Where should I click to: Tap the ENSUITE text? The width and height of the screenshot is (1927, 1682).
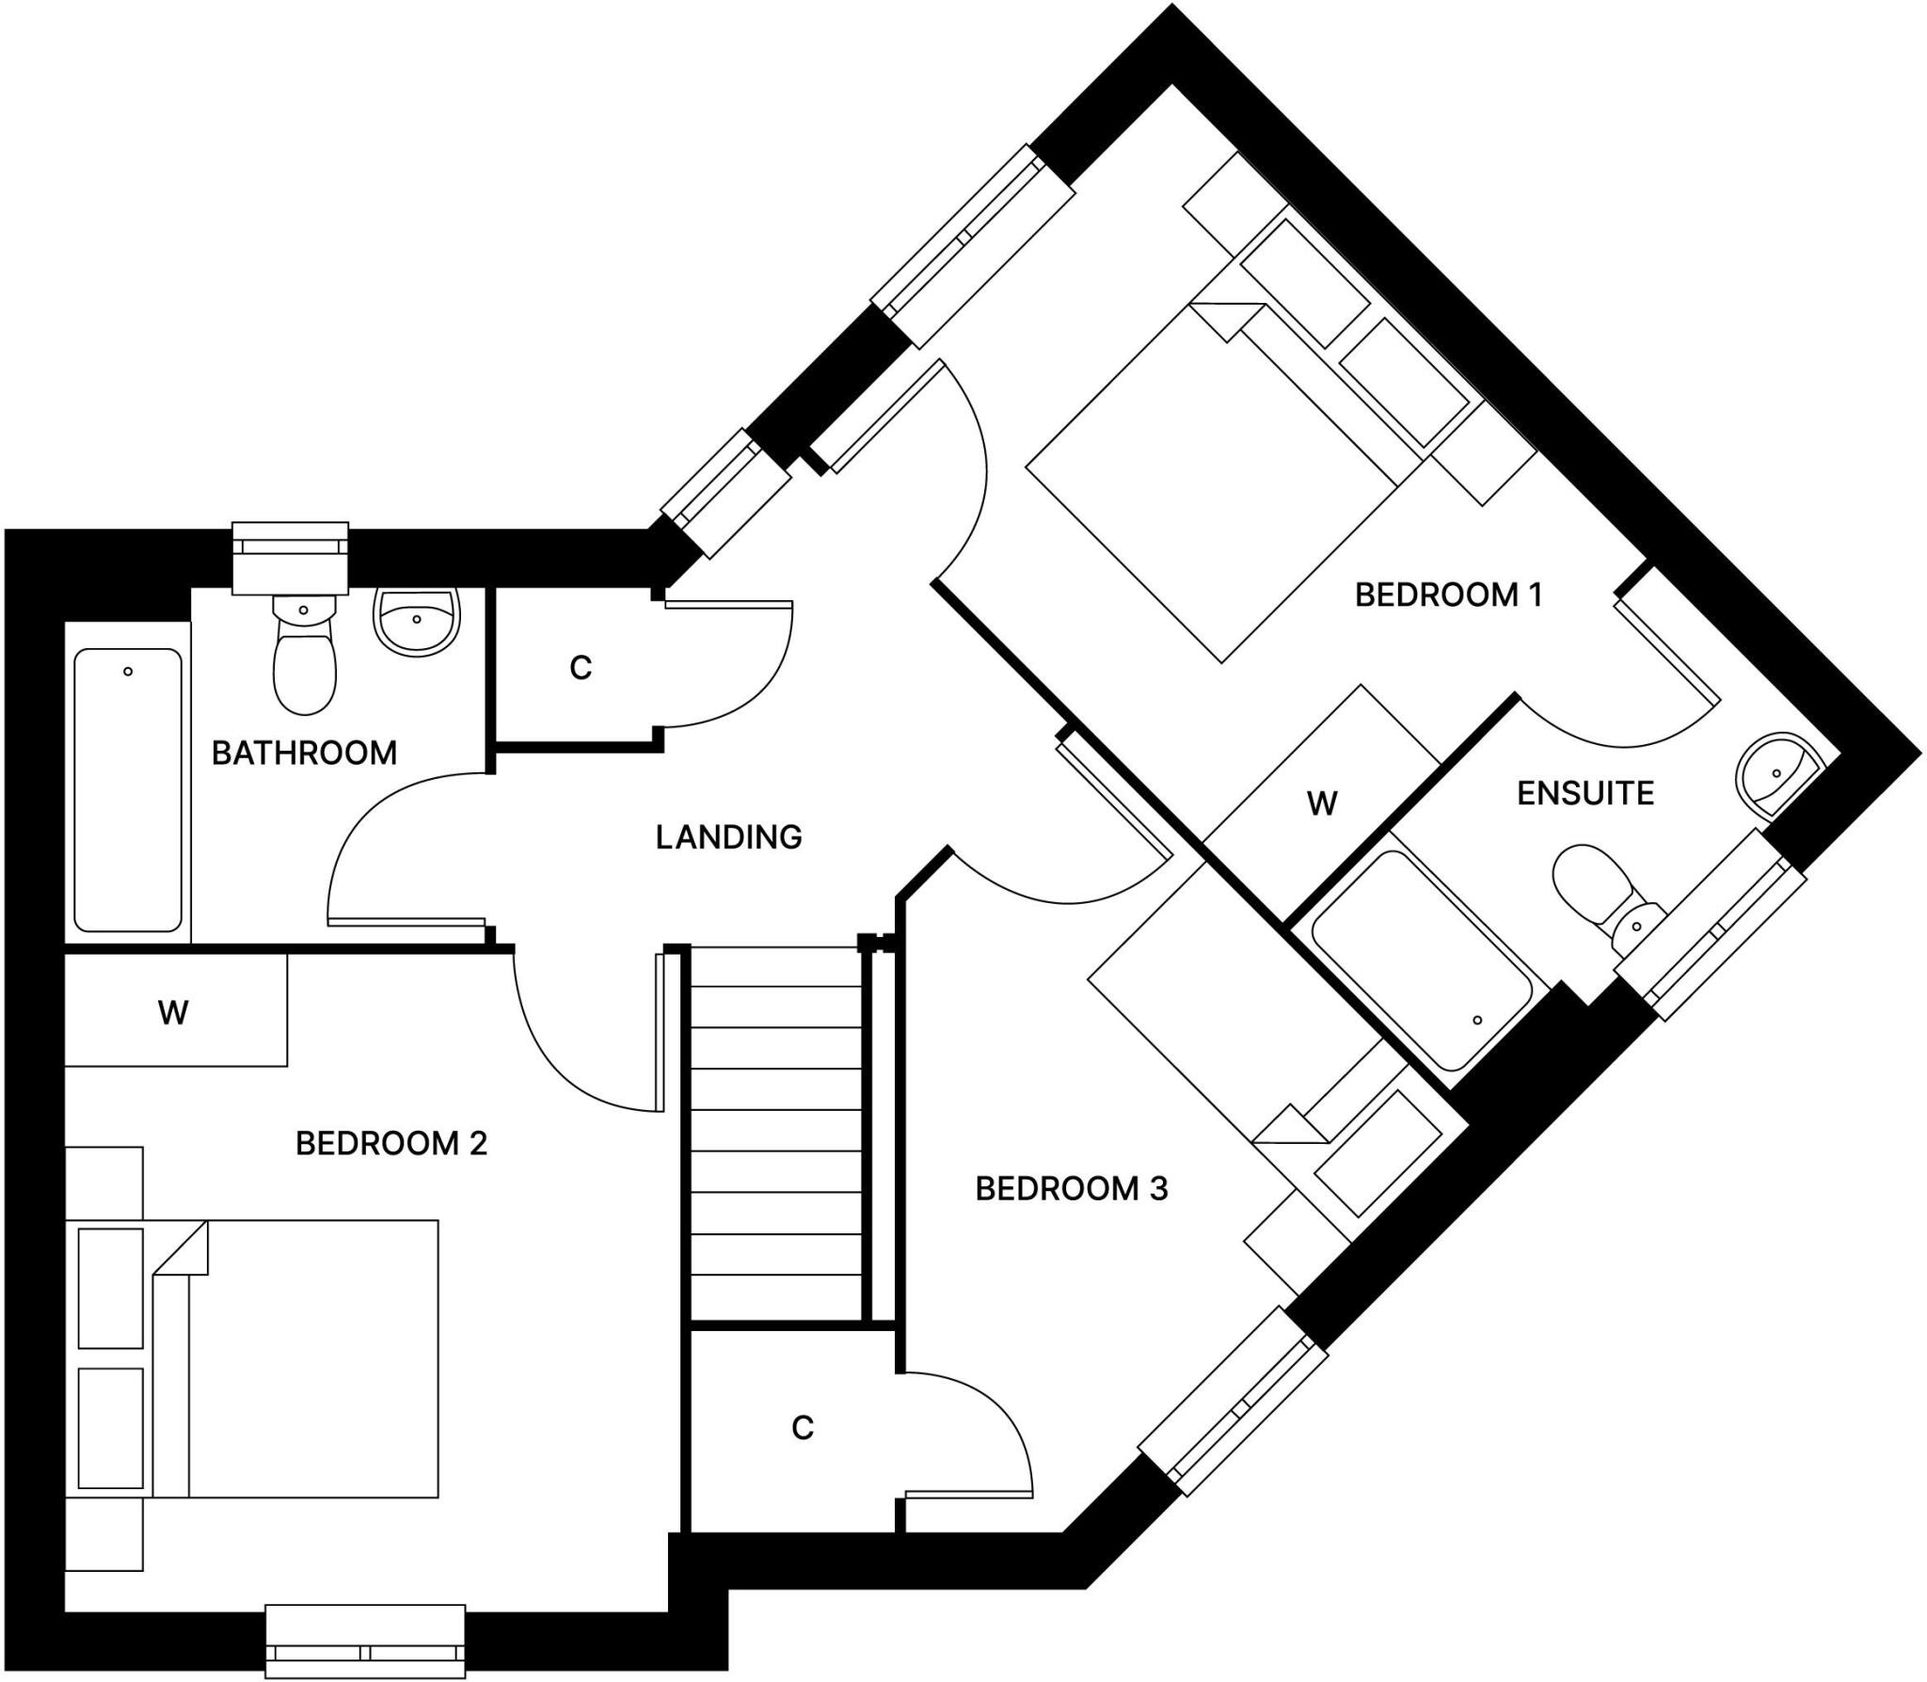point(1585,793)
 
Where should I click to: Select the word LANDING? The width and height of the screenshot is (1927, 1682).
point(728,836)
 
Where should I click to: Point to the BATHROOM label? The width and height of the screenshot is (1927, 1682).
point(304,753)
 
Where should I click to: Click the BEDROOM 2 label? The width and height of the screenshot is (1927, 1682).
point(391,1143)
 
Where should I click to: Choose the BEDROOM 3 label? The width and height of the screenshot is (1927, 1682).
point(1072,1188)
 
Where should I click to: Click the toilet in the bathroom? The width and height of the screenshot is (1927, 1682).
point(304,654)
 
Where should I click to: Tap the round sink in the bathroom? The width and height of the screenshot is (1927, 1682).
point(417,620)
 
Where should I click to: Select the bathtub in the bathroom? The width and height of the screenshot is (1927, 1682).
point(128,790)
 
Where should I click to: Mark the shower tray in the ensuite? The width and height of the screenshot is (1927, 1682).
point(1421,960)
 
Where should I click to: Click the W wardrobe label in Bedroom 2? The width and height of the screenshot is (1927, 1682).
point(173,1012)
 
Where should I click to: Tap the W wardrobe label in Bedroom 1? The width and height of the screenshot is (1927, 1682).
point(1322,803)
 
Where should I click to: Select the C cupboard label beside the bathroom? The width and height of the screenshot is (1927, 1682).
point(581,667)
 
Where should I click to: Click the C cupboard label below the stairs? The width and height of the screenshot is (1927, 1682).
point(802,1427)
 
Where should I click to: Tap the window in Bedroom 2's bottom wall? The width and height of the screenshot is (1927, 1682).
point(365,1642)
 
